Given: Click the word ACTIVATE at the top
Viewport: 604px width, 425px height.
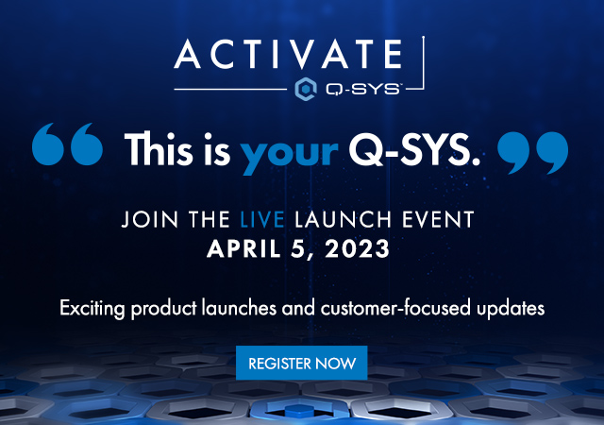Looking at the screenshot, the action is (x=288, y=54).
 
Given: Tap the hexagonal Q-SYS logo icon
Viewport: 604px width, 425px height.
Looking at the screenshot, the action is (x=306, y=90).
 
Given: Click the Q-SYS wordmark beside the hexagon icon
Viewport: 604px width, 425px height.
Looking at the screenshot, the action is (x=363, y=90).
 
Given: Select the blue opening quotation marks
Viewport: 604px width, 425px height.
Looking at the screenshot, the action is (x=67, y=144).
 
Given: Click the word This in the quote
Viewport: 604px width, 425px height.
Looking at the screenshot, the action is (x=159, y=149).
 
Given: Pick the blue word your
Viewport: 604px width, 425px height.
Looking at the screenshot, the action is (x=289, y=155).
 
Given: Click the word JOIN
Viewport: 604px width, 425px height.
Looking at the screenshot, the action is (x=150, y=219).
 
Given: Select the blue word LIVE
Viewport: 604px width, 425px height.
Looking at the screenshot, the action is (x=262, y=219).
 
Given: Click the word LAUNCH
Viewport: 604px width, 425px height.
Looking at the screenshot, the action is (x=344, y=219).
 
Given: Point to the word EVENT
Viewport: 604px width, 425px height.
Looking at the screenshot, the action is (x=438, y=219).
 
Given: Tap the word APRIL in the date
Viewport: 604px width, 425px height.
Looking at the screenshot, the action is (x=243, y=248).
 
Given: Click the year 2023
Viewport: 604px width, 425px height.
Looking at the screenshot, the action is (x=357, y=248).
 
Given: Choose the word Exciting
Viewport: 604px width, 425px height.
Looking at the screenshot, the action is (x=92, y=309).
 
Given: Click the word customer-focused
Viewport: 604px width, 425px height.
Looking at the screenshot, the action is (x=395, y=308).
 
